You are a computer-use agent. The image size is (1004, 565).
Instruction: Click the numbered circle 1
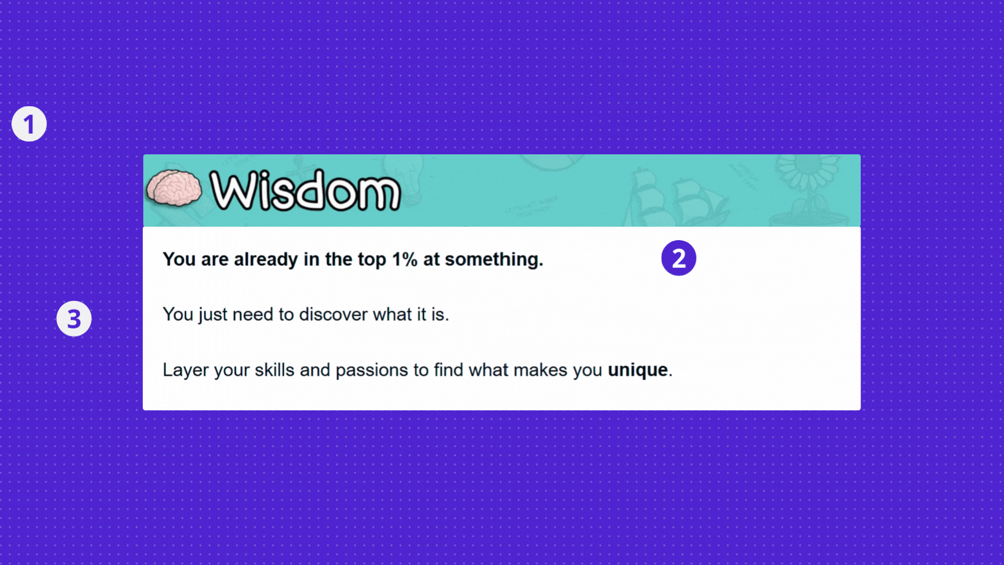pyautogui.click(x=29, y=124)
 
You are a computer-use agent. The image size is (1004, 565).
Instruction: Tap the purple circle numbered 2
pyautogui.click(x=679, y=258)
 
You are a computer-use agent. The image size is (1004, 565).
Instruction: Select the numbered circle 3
pyautogui.click(x=74, y=319)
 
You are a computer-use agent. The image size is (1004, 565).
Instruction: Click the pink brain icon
pyautogui.click(x=174, y=188)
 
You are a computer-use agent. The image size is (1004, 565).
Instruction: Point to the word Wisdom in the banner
pyautogui.click(x=305, y=190)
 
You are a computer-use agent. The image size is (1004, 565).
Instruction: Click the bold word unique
pyautogui.click(x=637, y=370)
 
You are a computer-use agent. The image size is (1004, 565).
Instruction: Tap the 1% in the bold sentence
pyautogui.click(x=405, y=259)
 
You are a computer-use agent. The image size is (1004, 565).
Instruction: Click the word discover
pyautogui.click(x=333, y=314)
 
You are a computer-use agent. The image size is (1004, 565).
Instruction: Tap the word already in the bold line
pyautogui.click(x=266, y=260)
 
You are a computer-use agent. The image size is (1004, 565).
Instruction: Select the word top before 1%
pyautogui.click(x=372, y=260)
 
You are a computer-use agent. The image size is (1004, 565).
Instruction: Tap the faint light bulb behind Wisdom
pyautogui.click(x=410, y=180)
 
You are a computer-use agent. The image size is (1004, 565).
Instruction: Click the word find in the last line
pyautogui.click(x=449, y=370)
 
